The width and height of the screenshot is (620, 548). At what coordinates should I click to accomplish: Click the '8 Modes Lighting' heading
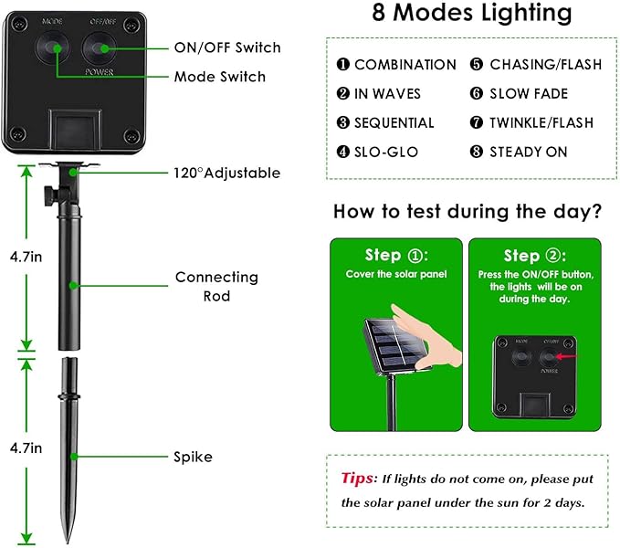(472, 14)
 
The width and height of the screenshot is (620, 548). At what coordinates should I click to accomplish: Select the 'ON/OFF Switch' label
(227, 47)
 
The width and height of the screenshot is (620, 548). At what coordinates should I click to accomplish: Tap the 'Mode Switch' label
(220, 77)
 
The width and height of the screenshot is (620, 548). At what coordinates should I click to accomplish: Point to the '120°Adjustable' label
(226, 173)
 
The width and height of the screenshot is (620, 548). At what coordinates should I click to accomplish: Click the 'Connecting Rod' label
(216, 286)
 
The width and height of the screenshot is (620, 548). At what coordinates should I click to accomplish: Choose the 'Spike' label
(194, 457)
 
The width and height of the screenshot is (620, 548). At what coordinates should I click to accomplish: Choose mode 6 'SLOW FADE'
(529, 94)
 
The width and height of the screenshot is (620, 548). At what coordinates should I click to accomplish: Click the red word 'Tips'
(357, 478)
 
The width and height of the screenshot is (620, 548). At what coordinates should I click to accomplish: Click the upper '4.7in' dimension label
(25, 257)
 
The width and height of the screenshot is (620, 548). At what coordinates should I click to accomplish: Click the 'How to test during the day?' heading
(468, 212)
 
